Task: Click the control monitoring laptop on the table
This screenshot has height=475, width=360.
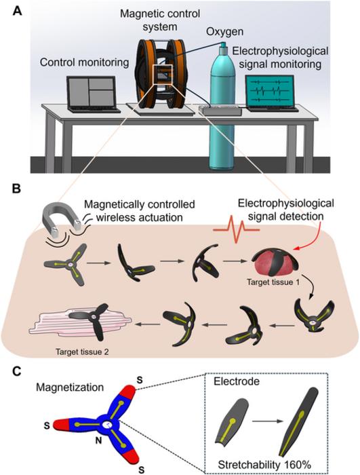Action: pyautogui.click(x=94, y=94)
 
